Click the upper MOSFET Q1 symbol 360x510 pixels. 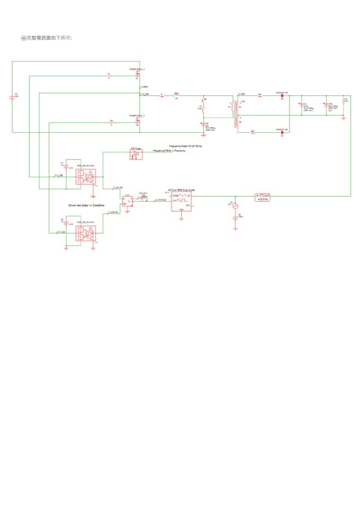click(x=138, y=74)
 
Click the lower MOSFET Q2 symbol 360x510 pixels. click(x=138, y=120)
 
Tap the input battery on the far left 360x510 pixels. click(x=12, y=97)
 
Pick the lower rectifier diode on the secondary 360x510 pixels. click(x=281, y=132)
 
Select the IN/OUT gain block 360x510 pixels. click(x=263, y=196)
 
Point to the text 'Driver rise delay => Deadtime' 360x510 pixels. click(x=87, y=206)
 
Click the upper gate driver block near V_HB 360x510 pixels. click(x=86, y=176)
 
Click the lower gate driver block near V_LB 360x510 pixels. click(x=86, y=233)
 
